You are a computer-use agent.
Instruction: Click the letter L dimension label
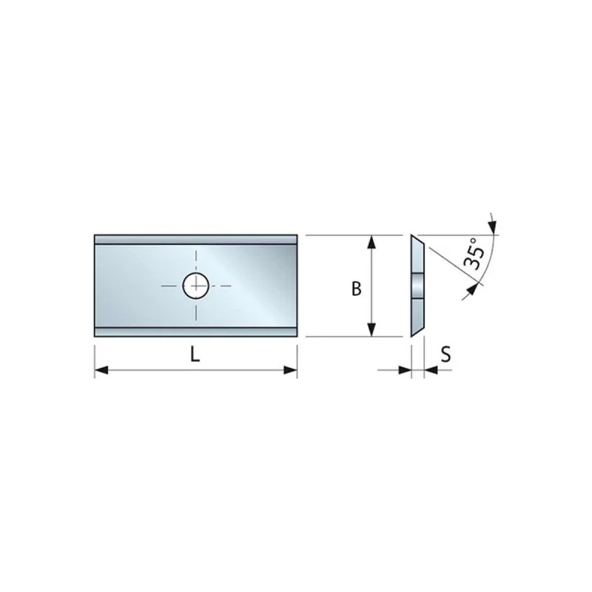(195, 354)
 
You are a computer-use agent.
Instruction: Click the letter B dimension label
(356, 289)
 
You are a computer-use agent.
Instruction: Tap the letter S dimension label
(446, 354)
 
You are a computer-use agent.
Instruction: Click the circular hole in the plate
(196, 286)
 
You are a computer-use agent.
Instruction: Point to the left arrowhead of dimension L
(101, 370)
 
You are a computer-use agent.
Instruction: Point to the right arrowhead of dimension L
(290, 370)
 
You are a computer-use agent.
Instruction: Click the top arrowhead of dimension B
(372, 242)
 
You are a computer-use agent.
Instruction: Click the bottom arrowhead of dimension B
(372, 329)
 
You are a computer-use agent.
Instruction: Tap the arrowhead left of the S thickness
(405, 370)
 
